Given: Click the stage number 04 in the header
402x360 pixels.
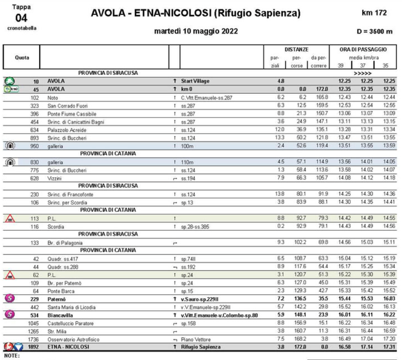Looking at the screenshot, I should pyautogui.click(x=20, y=18).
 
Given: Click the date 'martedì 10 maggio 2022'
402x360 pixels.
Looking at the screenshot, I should pyautogui.click(x=196, y=31).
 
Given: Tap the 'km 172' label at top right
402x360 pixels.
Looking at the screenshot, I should pyautogui.click(x=374, y=12).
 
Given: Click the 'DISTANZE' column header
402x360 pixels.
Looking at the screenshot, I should pyautogui.click(x=297, y=49).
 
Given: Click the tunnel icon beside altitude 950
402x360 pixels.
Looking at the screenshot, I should pyautogui.click(x=9, y=146).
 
